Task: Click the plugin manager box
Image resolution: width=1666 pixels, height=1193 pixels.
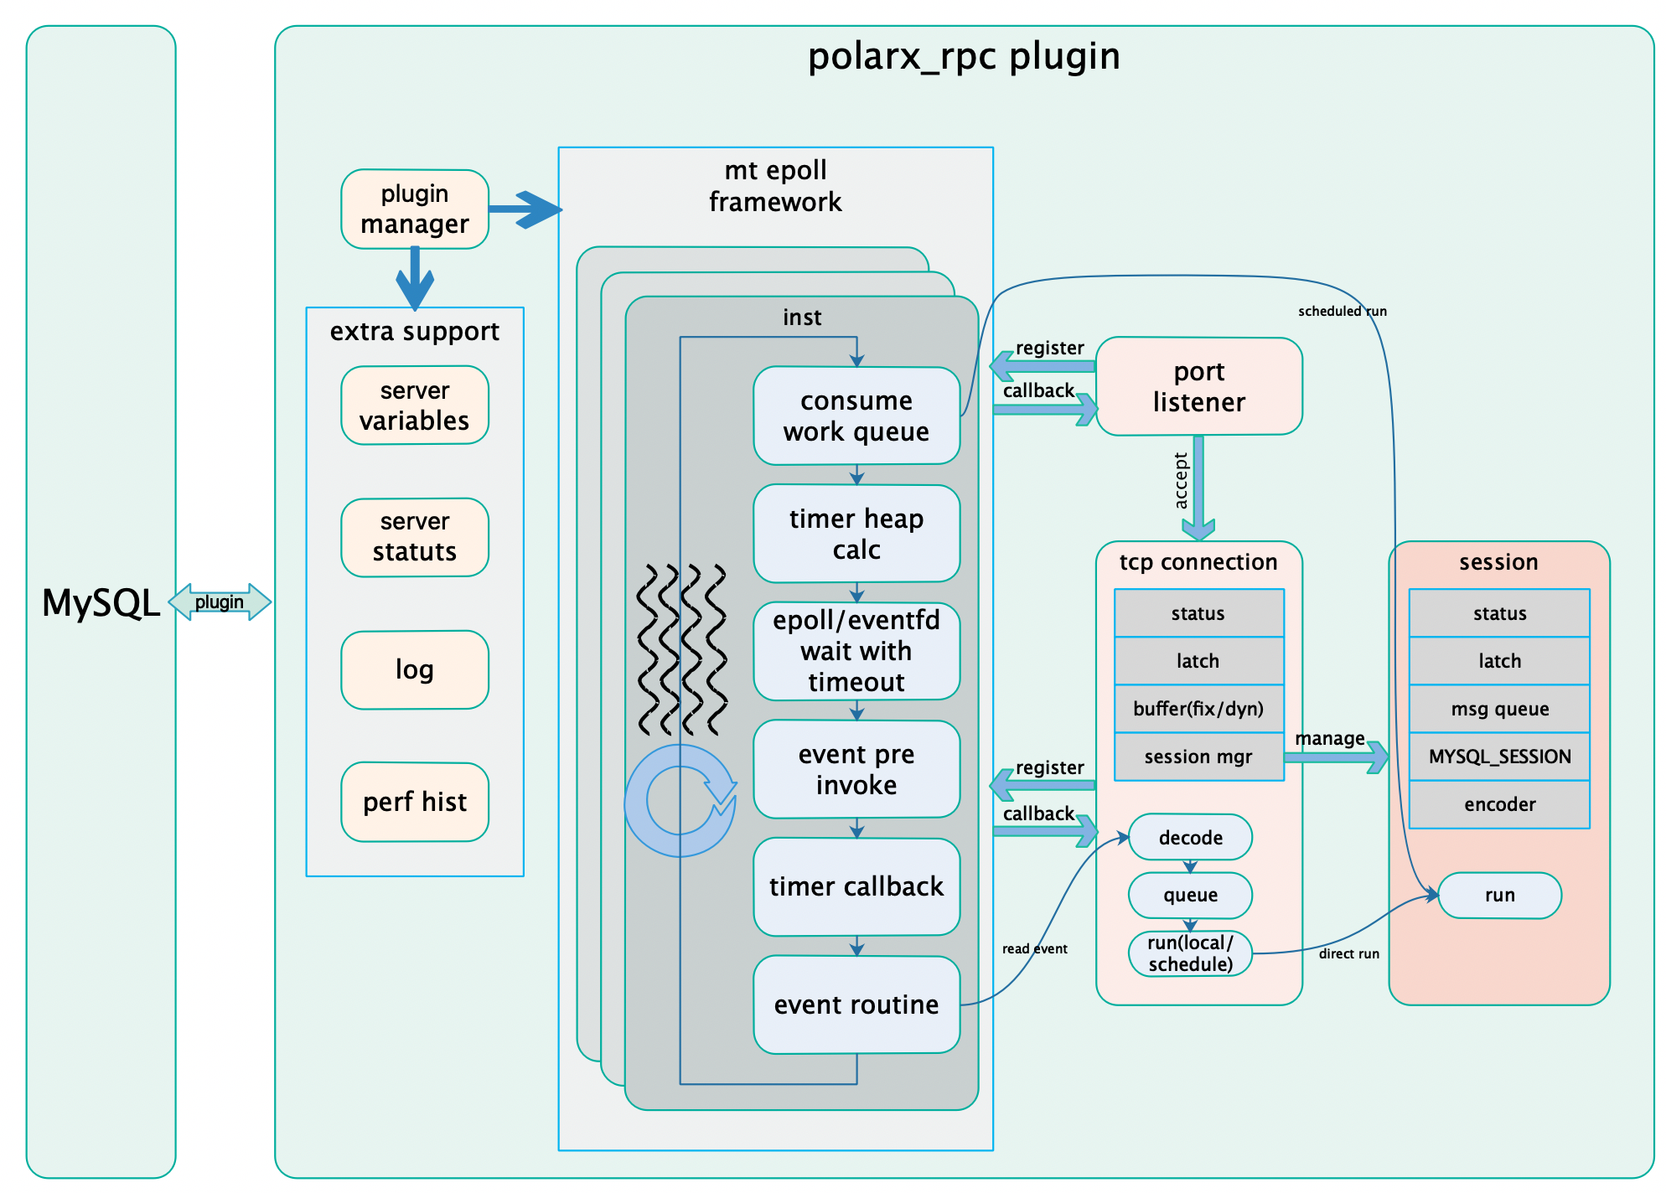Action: [x=415, y=209]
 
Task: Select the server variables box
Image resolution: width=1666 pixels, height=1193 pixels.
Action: [x=415, y=405]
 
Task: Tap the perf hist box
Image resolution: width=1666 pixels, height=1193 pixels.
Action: [x=415, y=802]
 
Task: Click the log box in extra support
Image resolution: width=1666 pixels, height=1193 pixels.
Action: [x=415, y=669]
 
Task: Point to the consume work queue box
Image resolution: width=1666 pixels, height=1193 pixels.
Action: [x=856, y=416]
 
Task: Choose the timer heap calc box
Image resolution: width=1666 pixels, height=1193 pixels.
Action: [x=856, y=534]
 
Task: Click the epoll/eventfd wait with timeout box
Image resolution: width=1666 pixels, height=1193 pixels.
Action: [x=856, y=651]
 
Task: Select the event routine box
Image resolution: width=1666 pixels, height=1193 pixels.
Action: [x=856, y=1004]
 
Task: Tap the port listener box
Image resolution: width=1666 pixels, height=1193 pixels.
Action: [x=1198, y=386]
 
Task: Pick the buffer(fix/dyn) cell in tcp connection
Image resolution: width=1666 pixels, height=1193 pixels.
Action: [x=1198, y=709]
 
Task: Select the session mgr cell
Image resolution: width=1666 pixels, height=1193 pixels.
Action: [x=1198, y=757]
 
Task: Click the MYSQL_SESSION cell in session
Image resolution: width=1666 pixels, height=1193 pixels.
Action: [x=1499, y=757]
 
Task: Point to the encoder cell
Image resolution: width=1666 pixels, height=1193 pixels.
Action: [x=1499, y=804]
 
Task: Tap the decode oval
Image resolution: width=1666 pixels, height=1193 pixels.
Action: [x=1190, y=837]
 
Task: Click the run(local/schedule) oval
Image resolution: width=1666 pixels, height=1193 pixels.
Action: [x=1190, y=953]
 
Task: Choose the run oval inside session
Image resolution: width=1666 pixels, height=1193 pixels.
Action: [x=1499, y=895]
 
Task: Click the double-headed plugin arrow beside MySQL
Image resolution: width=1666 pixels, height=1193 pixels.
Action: [x=220, y=602]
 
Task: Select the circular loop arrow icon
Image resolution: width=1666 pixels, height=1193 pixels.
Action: [x=680, y=801]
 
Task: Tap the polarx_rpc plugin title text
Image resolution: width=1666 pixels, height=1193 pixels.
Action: [x=964, y=57]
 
